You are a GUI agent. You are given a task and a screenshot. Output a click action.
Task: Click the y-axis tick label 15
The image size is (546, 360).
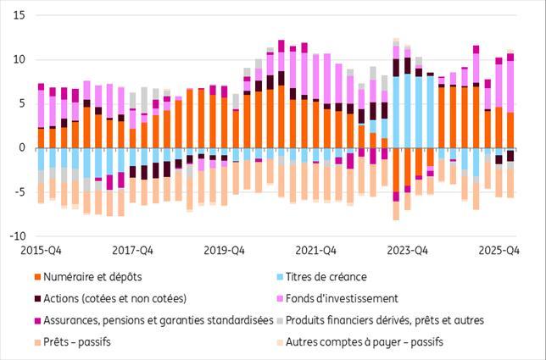point(19,15)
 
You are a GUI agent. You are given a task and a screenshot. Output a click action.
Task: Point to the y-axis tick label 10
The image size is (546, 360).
point(19,60)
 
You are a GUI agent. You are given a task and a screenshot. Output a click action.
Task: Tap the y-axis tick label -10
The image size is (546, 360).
point(18,236)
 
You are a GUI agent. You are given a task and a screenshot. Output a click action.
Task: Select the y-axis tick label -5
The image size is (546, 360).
point(19,192)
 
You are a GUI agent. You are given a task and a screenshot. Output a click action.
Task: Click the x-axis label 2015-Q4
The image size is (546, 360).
point(41,251)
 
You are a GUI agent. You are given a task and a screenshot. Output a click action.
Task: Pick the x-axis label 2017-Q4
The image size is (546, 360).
point(132,251)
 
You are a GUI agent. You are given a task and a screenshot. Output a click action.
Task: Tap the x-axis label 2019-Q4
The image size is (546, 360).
point(224,251)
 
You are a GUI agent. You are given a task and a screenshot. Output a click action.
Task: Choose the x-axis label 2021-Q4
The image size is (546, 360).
point(316,251)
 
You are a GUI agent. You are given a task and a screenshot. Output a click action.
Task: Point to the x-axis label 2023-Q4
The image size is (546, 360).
point(408,251)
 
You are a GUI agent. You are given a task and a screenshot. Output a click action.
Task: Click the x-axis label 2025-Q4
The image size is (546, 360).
point(499,251)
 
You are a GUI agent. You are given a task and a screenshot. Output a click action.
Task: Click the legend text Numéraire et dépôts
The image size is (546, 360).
point(92,277)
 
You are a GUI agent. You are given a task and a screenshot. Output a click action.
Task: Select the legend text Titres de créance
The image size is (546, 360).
point(326,277)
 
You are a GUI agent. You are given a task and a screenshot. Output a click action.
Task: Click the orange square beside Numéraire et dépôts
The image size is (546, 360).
point(37,277)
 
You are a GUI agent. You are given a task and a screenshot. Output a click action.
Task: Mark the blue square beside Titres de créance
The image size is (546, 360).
point(280,277)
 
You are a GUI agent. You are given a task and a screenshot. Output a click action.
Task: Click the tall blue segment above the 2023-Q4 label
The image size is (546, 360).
point(408,111)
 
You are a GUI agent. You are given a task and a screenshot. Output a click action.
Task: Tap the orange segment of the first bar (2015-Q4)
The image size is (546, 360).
point(41,138)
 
